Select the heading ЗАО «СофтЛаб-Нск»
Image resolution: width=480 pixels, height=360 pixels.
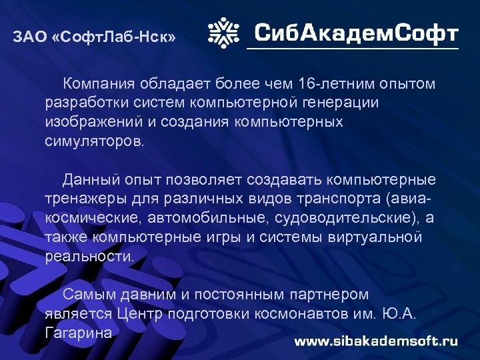[95, 37]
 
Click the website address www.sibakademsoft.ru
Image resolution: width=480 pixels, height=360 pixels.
[376, 341]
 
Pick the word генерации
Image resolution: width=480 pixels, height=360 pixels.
[341, 103]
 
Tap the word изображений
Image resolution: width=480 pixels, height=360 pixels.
[89, 123]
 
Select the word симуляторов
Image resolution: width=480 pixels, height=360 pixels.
[93, 142]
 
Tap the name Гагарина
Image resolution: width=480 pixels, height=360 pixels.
[78, 333]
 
